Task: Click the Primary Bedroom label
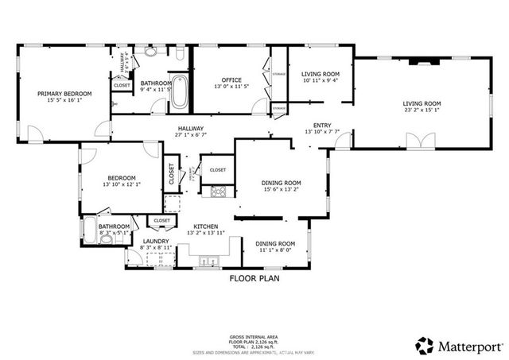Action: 65,94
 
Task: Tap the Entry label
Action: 322,125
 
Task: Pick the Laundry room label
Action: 156,241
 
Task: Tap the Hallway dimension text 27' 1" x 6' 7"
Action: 190,135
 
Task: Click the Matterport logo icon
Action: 424,346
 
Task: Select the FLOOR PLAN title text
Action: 254,279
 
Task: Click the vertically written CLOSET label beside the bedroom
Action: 171,174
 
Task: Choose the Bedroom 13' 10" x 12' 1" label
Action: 121,178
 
